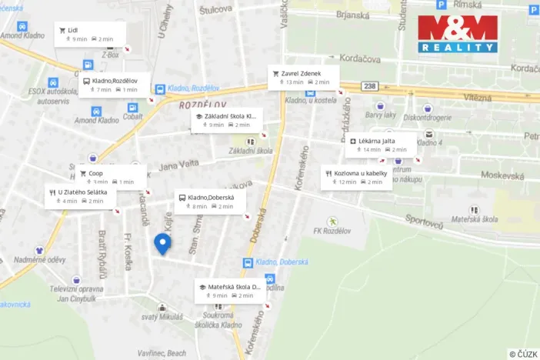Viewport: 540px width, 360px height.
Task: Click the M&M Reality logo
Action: (457, 35)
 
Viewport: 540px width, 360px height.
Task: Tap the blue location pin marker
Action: (162, 244)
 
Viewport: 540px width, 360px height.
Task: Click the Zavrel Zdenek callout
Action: (302, 78)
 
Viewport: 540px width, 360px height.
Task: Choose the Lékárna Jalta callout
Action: (380, 145)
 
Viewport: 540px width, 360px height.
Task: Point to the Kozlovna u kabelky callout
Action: (356, 178)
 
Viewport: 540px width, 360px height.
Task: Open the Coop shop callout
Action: (111, 178)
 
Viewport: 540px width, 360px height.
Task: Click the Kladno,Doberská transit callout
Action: (210, 202)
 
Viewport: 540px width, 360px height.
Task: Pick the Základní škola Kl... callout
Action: (226, 120)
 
